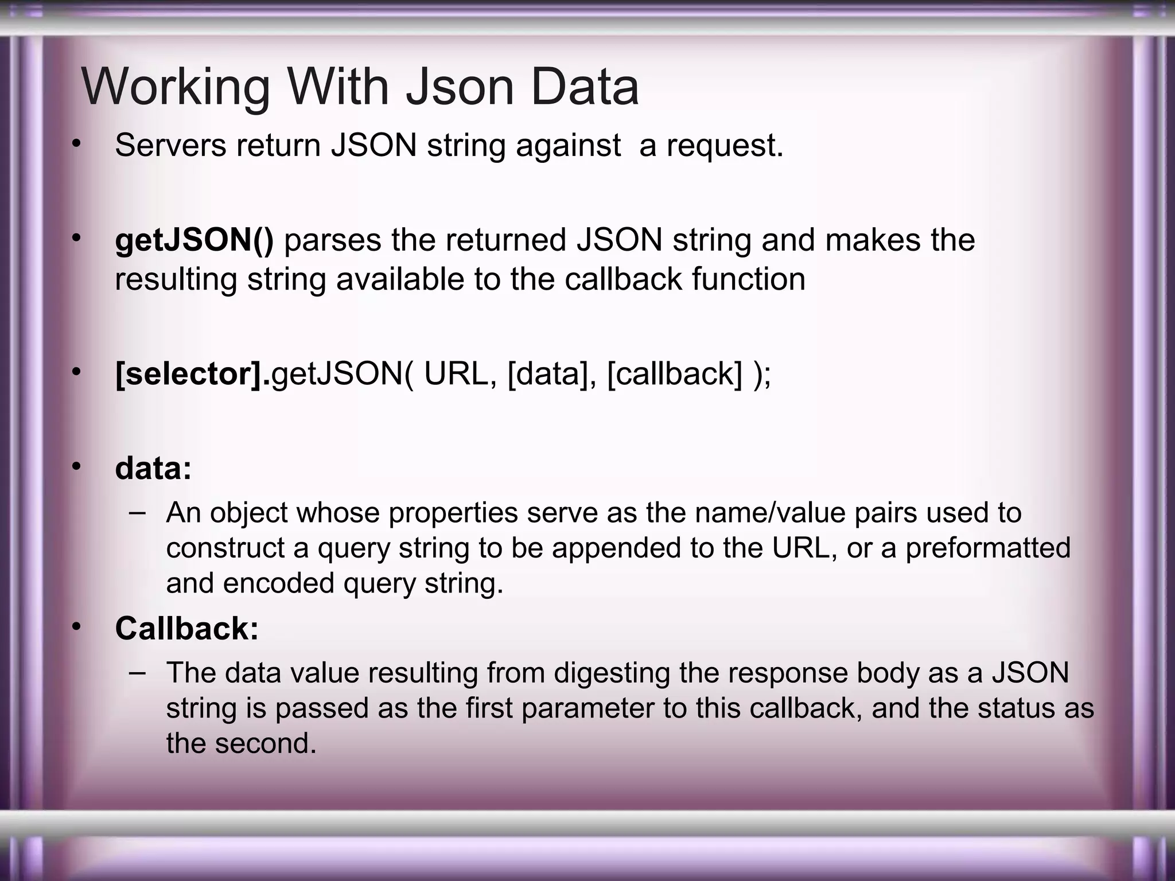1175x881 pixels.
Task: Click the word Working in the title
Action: click(x=176, y=87)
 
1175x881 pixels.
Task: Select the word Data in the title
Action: click(x=584, y=87)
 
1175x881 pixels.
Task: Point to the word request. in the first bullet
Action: click(x=725, y=145)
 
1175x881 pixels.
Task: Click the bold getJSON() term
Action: click(x=194, y=240)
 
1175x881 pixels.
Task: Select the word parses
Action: click(x=333, y=240)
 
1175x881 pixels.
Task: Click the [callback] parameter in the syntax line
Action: click(x=674, y=374)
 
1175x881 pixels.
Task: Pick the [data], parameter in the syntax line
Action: click(x=552, y=374)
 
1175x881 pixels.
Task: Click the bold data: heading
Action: click(x=153, y=469)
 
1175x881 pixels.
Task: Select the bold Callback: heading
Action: click(x=187, y=628)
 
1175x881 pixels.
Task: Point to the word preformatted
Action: click(x=988, y=548)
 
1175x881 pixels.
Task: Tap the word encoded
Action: click(x=279, y=583)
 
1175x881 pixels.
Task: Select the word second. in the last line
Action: click(x=266, y=743)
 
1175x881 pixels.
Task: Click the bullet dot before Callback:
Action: click(x=76, y=627)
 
